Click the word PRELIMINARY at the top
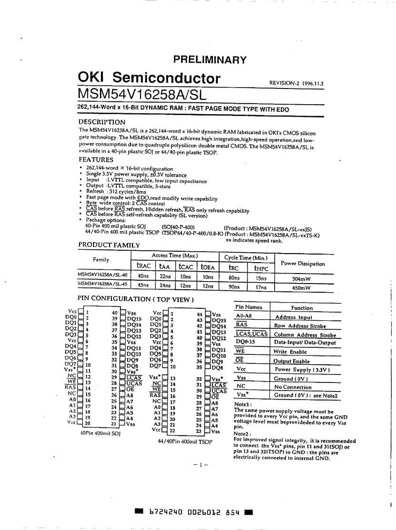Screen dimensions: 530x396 tap(209, 60)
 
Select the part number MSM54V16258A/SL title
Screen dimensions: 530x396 tap(142, 94)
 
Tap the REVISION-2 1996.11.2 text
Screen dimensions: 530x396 tap(296, 83)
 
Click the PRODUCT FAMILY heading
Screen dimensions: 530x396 tap(109, 245)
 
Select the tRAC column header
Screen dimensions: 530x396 tap(143, 267)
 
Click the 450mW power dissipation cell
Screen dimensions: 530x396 tap(301, 287)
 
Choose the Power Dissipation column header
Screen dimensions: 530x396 tap(303, 264)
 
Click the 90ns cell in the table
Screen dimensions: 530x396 tap(234, 287)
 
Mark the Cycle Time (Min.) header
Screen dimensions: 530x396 tap(246, 258)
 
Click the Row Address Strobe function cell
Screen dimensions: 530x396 tap(300, 326)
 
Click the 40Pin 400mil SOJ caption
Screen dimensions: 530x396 tap(100, 433)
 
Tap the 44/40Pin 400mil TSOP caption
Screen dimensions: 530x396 tap(185, 442)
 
